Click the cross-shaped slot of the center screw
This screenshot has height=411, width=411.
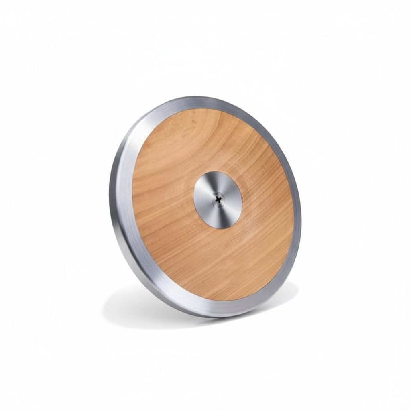point(218,198)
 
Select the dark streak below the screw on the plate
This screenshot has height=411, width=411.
point(219,217)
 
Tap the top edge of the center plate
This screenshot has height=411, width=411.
point(217,172)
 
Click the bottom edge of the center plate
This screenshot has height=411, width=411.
point(219,228)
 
